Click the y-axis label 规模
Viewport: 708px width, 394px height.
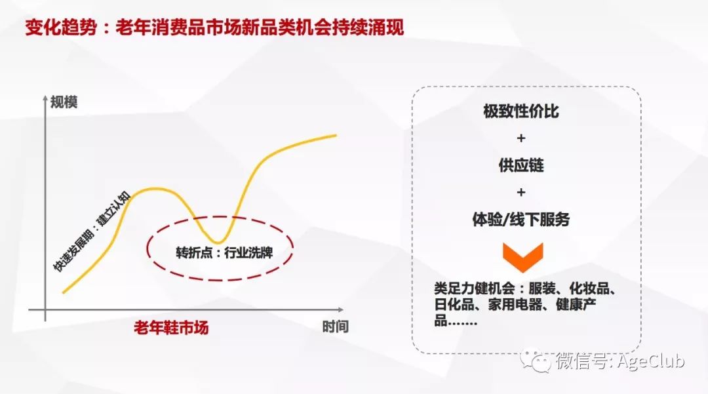(64, 102)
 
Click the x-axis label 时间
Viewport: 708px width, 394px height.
(335, 326)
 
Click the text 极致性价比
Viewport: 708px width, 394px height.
(521, 111)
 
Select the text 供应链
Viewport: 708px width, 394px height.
(521, 165)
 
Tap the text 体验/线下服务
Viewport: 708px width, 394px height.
(521, 220)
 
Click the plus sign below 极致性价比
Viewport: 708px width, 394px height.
(521, 139)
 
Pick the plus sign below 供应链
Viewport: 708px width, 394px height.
(521, 193)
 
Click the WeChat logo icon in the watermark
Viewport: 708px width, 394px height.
(534, 360)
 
